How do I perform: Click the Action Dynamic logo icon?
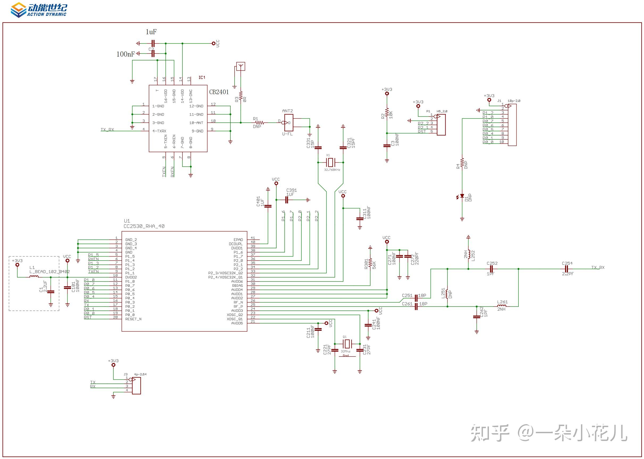pyautogui.click(x=18, y=10)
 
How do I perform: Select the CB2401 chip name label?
pyautogui.click(x=219, y=92)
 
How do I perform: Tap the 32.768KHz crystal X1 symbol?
pyautogui.click(x=330, y=163)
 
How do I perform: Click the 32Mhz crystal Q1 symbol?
pyautogui.click(x=347, y=344)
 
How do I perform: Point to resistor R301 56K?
pyautogui.click(x=370, y=263)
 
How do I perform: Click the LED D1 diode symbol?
pyautogui.click(x=462, y=196)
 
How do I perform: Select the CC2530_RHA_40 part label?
pyautogui.click(x=144, y=226)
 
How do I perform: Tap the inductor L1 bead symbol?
pyautogui.click(x=35, y=277)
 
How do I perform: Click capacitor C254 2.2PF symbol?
pyautogui.click(x=567, y=269)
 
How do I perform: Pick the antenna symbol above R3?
pyautogui.click(x=241, y=67)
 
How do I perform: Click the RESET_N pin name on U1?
pyautogui.click(x=133, y=319)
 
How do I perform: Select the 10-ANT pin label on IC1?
pyautogui.click(x=196, y=123)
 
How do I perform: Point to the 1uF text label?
pyautogui.click(x=151, y=32)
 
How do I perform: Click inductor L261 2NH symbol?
pyautogui.click(x=502, y=306)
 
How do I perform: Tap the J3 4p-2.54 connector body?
pyautogui.click(x=136, y=386)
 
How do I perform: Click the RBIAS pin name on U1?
pyautogui.click(x=237, y=286)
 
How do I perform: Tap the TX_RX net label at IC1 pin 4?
pyautogui.click(x=107, y=130)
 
